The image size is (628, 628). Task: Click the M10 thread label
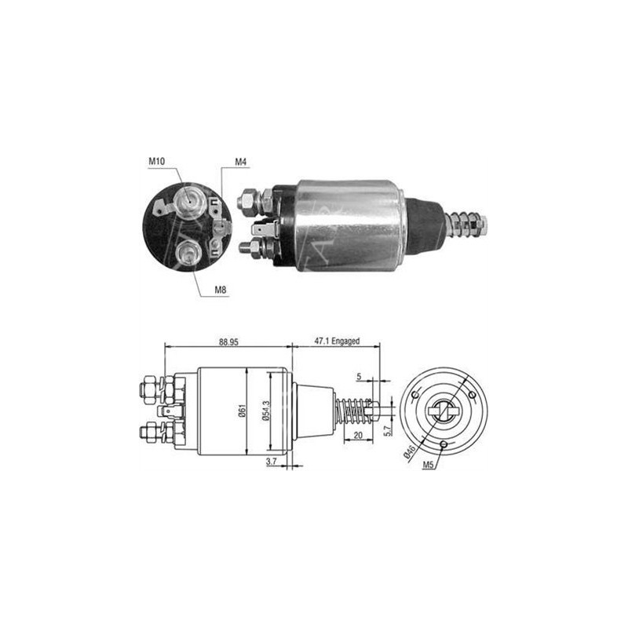(x=156, y=162)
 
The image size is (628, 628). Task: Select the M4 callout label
(x=241, y=162)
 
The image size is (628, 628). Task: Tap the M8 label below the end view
(x=221, y=290)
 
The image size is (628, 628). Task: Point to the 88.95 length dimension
(x=228, y=342)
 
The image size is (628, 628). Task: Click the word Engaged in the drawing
(x=345, y=341)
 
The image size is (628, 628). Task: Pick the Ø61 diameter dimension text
(x=242, y=411)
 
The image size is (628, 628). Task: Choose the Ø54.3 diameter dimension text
(x=266, y=411)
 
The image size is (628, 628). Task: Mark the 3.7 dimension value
(x=271, y=462)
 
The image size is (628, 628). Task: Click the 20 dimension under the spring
(x=358, y=436)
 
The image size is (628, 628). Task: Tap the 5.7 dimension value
(x=387, y=430)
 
